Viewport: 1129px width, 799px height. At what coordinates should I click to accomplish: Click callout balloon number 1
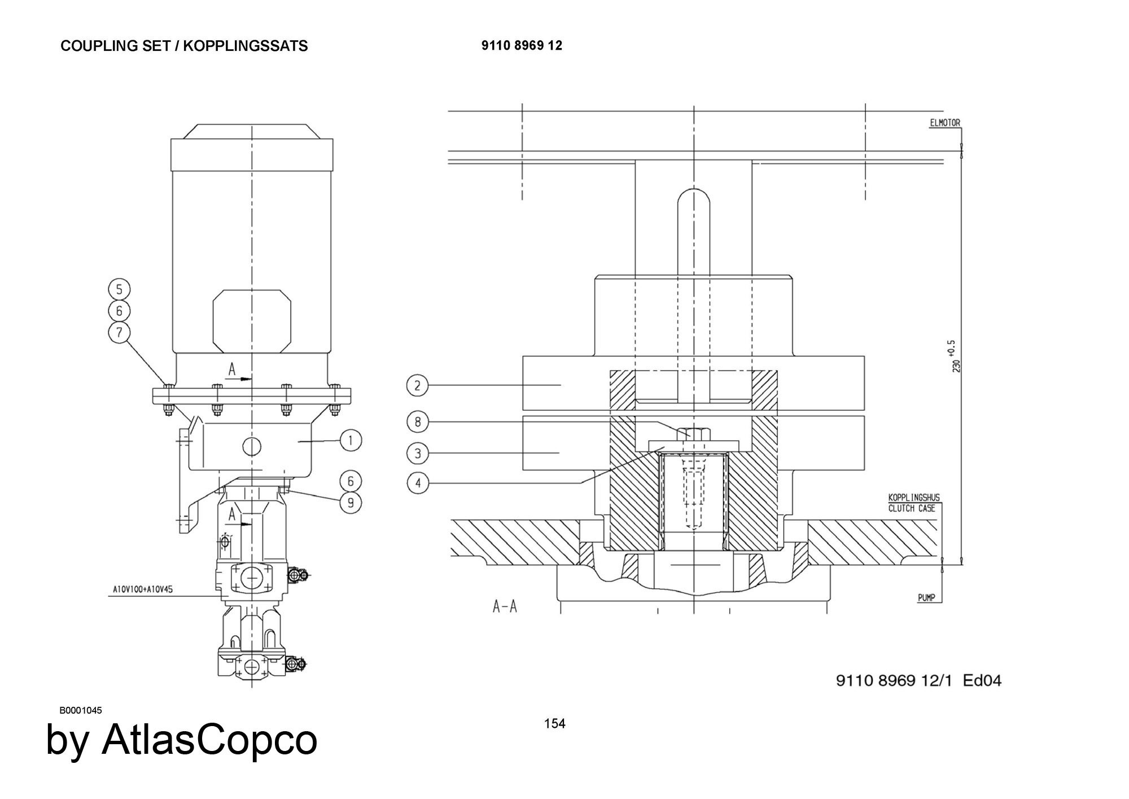351,441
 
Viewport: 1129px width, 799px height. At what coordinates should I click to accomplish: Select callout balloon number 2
417,386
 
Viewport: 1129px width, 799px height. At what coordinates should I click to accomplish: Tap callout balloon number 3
417,453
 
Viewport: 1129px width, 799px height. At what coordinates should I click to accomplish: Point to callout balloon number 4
417,483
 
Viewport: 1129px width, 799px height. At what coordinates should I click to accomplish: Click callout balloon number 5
119,290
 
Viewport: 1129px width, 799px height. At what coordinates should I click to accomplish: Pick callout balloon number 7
119,332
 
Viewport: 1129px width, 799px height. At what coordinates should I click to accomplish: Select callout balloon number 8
417,422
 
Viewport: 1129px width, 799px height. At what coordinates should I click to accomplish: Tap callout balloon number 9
351,502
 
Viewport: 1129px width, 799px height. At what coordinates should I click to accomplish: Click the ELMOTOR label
944,123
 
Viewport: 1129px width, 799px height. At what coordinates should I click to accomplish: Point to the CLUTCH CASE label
912,509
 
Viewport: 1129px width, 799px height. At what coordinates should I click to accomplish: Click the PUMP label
926,597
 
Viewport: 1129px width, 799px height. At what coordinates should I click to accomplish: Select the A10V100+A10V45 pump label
143,590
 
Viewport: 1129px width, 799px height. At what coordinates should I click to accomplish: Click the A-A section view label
505,607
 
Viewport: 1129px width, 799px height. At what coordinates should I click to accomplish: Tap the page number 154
554,723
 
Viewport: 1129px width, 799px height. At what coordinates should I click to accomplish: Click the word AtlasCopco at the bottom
209,740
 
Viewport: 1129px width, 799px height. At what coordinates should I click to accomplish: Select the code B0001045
80,710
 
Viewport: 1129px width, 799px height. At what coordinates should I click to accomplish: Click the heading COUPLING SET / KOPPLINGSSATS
184,46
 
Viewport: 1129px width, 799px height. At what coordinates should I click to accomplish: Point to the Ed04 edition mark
982,680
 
